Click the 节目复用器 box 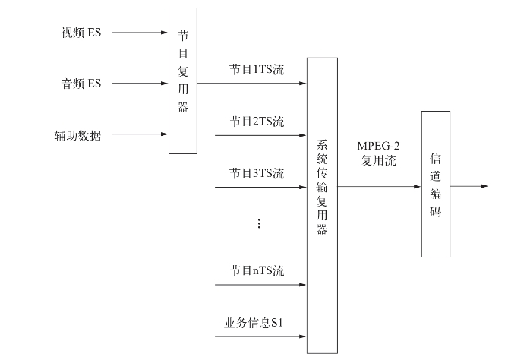coord(183,81)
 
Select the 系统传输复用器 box coord(322,205)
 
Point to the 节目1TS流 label coord(257,69)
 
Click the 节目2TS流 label coord(257,122)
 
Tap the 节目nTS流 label coord(257,270)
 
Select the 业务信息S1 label coord(254,322)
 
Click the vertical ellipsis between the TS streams coord(258,223)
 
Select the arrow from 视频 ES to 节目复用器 coord(139,33)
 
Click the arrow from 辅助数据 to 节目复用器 coord(139,135)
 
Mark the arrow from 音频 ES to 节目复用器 coord(139,84)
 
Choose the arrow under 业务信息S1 coord(260,336)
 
